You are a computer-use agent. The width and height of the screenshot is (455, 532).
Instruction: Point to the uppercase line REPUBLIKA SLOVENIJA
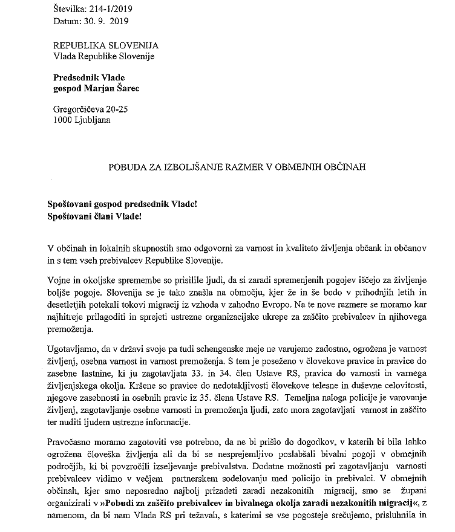pos(106,45)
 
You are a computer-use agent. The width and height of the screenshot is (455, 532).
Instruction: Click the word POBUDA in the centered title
pos(128,165)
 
